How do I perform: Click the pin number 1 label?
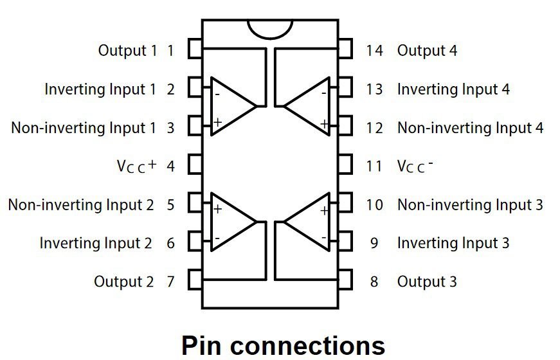coord(170,50)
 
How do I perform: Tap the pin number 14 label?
coord(374,50)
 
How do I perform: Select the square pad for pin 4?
coord(195,165)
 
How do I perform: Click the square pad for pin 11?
coord(345,165)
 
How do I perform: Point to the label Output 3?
coord(427,282)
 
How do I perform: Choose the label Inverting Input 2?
coord(96,243)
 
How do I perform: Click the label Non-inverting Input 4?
coord(470,128)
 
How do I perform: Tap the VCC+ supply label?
coord(136,166)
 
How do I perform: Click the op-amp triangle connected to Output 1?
coord(231,105)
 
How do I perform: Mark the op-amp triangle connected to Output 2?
coord(231,222)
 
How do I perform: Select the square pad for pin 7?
coord(195,280)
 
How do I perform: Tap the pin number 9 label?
coord(374,243)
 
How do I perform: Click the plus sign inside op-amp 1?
coord(217,122)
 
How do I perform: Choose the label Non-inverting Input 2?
coord(81,205)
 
